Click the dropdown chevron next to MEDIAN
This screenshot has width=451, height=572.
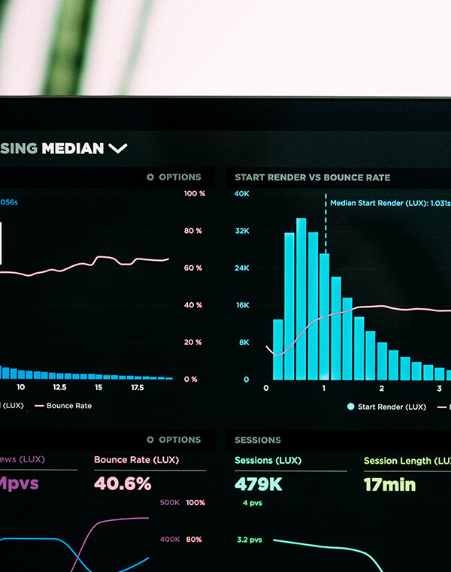[118, 149]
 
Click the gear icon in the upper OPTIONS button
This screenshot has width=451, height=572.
[150, 177]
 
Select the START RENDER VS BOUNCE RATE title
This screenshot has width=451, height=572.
[312, 177]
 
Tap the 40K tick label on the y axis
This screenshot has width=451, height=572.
[241, 194]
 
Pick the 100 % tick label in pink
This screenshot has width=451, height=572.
[194, 194]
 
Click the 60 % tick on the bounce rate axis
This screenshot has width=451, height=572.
[193, 268]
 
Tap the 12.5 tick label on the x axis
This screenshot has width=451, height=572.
[59, 388]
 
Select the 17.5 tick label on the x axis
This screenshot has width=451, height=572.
[138, 388]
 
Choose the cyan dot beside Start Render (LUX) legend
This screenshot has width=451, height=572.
[350, 407]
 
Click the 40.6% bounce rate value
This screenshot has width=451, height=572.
[123, 484]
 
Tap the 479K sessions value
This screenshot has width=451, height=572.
[258, 484]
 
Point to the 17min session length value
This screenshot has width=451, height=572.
[389, 484]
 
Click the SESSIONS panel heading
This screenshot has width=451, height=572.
[257, 440]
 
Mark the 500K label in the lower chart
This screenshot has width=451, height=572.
[170, 502]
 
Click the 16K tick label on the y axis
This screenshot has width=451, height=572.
[241, 305]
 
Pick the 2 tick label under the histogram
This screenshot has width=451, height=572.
[382, 388]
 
